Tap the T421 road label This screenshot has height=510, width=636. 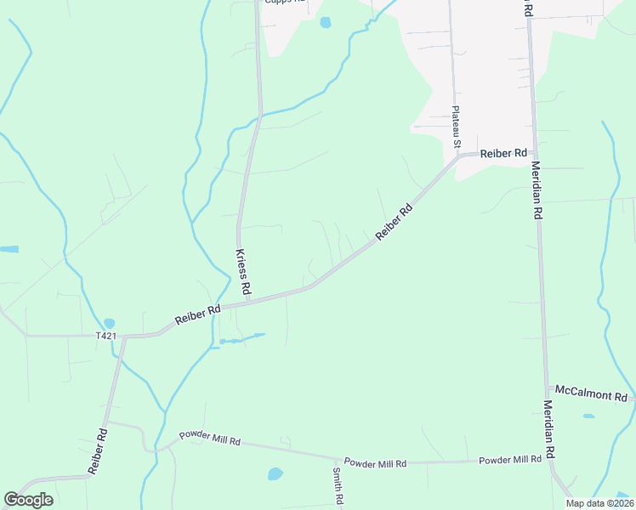pos(105,336)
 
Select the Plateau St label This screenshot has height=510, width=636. pos(457,127)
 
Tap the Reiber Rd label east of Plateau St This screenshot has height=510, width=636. pos(503,154)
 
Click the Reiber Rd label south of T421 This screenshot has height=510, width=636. pos(97,451)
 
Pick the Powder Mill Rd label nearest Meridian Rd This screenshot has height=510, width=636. pos(510,460)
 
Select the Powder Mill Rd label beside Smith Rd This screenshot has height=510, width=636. pos(376,463)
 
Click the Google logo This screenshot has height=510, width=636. pos(28,500)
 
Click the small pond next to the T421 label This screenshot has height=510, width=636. pos(109,324)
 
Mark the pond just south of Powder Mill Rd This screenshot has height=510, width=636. pos(275,473)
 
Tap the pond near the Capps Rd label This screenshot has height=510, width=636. pos(325,23)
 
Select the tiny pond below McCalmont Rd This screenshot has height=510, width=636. pos(588,416)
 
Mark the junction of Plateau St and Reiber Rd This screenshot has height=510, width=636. pos(460,156)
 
